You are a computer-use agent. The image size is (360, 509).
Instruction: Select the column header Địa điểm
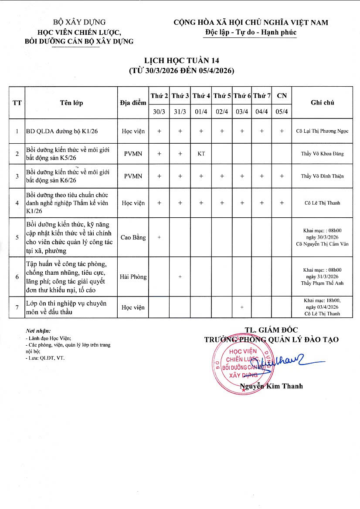coord(132,103)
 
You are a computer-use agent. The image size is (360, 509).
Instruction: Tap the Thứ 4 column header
coord(201,95)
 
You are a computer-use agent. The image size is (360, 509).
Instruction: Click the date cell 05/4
coord(282,111)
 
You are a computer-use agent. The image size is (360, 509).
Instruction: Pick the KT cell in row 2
coord(201,154)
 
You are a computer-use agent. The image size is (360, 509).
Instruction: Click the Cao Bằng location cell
coord(132,237)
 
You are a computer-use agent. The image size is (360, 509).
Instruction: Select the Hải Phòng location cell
coord(132,276)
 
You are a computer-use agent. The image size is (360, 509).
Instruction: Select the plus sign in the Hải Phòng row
coord(180,276)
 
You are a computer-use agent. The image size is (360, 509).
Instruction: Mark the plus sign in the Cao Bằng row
coord(159,237)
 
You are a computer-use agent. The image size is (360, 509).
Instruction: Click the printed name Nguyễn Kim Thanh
coord(271,386)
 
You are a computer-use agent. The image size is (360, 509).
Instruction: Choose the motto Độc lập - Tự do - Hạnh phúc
coord(251,32)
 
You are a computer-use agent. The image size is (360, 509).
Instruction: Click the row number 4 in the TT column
coord(17,203)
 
